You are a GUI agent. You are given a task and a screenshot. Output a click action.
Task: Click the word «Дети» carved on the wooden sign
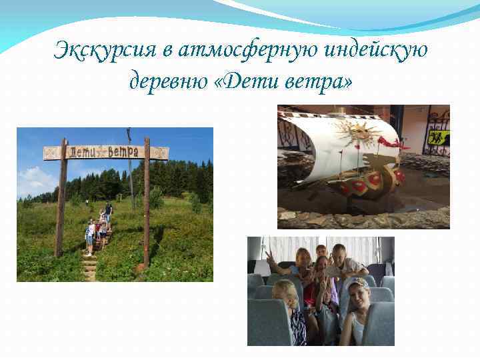click(x=79, y=153)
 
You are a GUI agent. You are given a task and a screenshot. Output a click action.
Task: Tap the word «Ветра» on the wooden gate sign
click(x=126, y=152)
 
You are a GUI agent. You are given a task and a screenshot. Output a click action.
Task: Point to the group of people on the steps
click(x=97, y=229)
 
